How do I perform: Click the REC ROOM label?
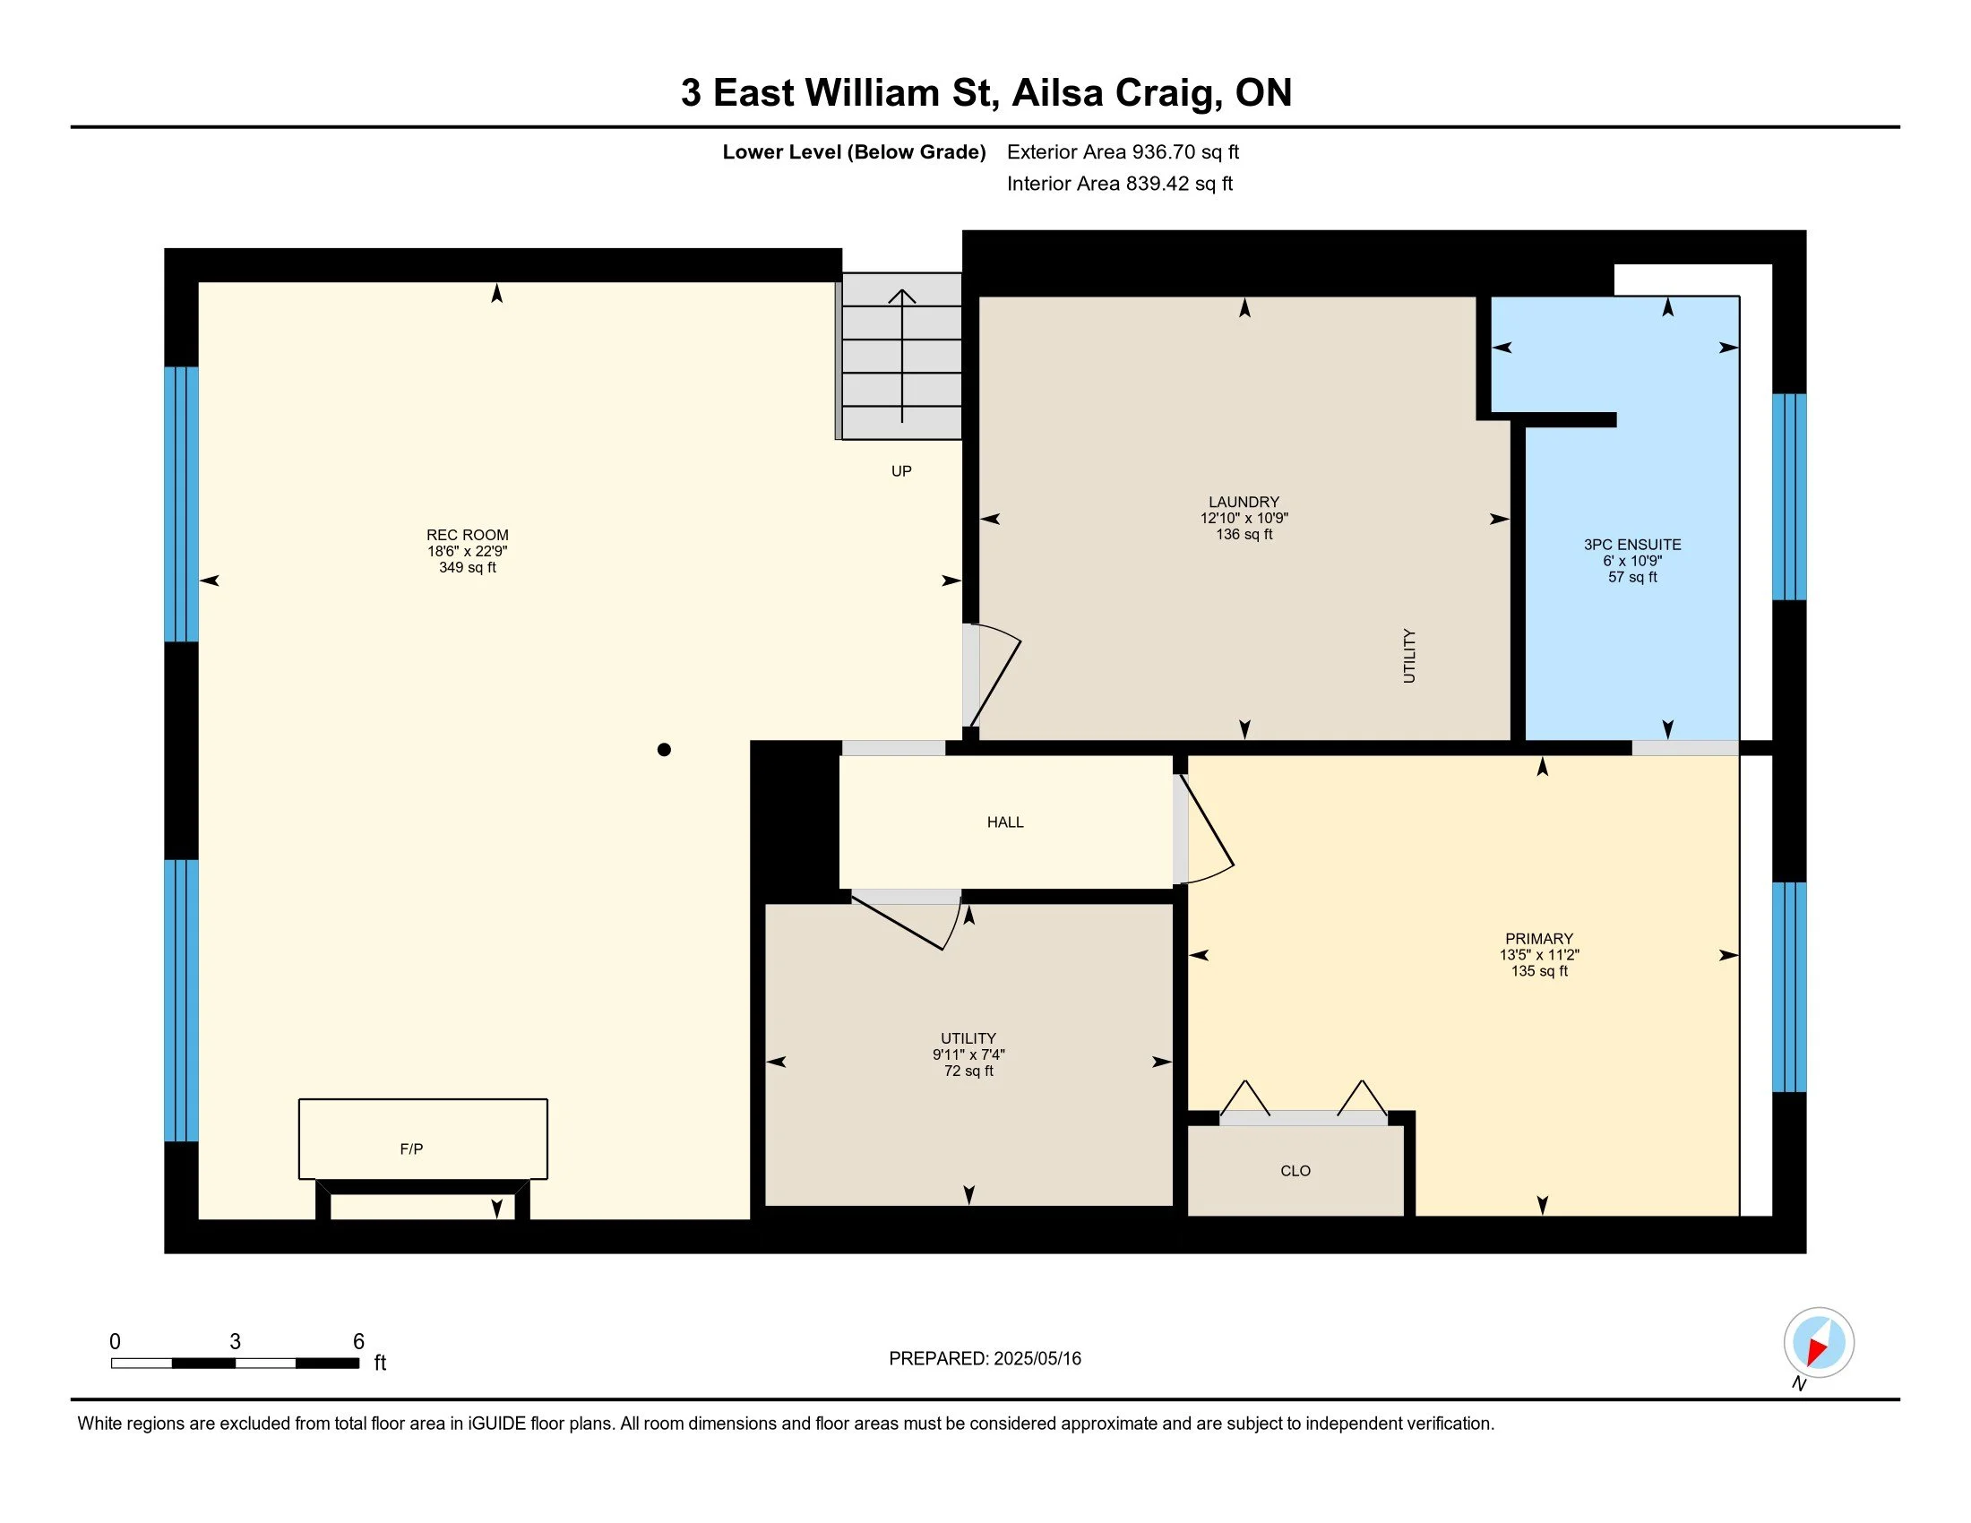468,535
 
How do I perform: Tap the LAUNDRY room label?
1244,502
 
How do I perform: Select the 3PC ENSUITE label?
1631,545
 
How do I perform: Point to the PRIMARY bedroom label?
1538,938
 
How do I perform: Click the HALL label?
1004,822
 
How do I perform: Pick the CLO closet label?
1295,1170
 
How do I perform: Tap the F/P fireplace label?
411,1149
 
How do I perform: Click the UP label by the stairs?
900,471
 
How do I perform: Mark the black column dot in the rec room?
664,749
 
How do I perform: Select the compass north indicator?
1819,1343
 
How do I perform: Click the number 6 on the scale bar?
358,1342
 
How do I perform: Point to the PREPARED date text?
985,1358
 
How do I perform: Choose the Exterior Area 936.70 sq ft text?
1123,151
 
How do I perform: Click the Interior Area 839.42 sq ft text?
1119,183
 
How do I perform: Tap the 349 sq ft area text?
468,567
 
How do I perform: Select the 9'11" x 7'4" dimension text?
968,1054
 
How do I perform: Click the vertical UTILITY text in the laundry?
1408,656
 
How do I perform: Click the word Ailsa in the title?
1058,93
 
